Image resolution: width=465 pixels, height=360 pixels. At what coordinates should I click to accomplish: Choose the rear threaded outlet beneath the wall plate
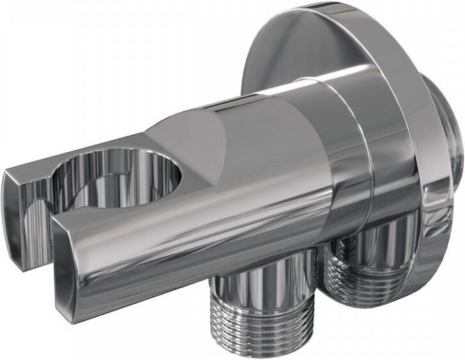click(368, 269)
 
